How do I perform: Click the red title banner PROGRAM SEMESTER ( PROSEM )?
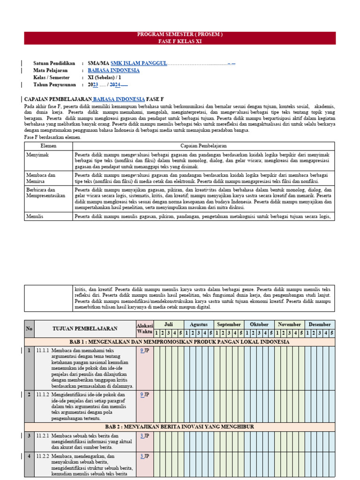pos(180,35)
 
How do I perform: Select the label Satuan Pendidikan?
pos(54,63)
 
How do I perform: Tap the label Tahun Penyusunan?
pos(55,84)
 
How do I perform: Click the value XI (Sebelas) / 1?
pos(104,77)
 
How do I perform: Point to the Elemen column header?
pos(48,146)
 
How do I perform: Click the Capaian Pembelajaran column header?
pos(203,146)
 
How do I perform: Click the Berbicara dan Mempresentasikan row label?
pos(46,193)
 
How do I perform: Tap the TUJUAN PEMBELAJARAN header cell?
pos(85,329)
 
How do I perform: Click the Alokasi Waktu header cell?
pos(144,329)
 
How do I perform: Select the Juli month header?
pos(168,324)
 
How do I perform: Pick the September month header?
pos(229,324)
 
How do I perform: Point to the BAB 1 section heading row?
pos(180,342)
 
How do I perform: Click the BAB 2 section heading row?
pos(180,427)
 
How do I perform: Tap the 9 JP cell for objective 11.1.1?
pos(144,351)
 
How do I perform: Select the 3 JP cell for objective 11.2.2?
pos(144,456)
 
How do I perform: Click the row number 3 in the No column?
pos(29,436)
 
